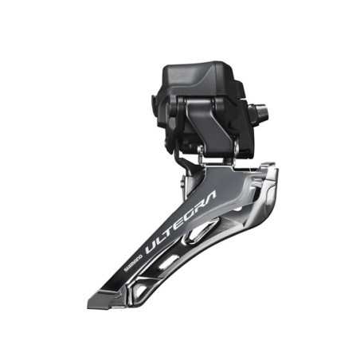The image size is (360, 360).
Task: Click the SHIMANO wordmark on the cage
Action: pos(134,263)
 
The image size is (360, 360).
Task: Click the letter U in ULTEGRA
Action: pos(151,247)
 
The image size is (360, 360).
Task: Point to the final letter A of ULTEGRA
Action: pos(211,196)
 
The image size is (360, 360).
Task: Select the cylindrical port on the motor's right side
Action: pos(258,112)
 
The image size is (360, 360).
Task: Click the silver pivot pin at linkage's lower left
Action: pos(201,153)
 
